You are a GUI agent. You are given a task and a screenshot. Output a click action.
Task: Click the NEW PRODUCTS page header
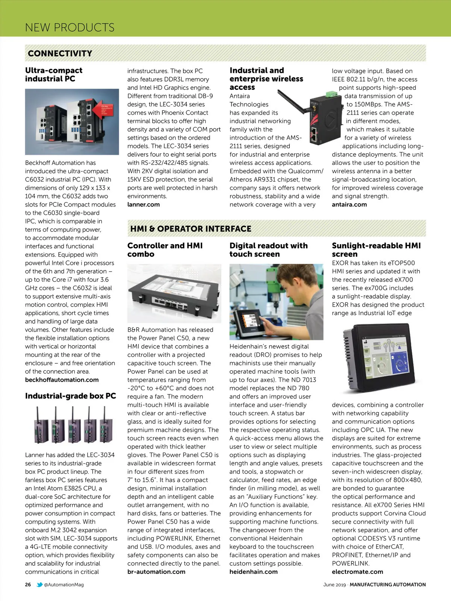click(70, 27)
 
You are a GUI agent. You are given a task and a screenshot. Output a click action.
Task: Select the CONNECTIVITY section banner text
click(60, 53)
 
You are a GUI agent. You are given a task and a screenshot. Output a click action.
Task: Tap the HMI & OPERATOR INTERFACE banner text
click(191, 229)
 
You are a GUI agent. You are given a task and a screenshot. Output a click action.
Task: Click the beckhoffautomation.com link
click(62, 380)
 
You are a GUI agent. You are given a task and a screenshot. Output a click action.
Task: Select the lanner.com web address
click(143, 204)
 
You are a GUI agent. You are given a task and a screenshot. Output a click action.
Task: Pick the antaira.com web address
click(349, 204)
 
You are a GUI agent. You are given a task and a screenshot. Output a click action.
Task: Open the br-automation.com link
click(156, 572)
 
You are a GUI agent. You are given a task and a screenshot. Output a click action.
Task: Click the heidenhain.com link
click(253, 572)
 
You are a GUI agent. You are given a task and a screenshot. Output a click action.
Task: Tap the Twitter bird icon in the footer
click(39, 584)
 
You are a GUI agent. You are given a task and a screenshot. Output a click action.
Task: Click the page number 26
click(28, 584)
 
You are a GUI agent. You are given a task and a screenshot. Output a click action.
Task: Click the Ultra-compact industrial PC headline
click(53, 74)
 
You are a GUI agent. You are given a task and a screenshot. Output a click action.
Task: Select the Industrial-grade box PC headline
click(70, 396)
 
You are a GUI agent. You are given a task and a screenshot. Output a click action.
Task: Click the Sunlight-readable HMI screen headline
click(376, 250)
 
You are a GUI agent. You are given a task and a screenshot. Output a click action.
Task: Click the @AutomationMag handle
click(64, 584)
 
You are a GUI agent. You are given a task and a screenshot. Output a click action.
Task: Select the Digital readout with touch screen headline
click(268, 250)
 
